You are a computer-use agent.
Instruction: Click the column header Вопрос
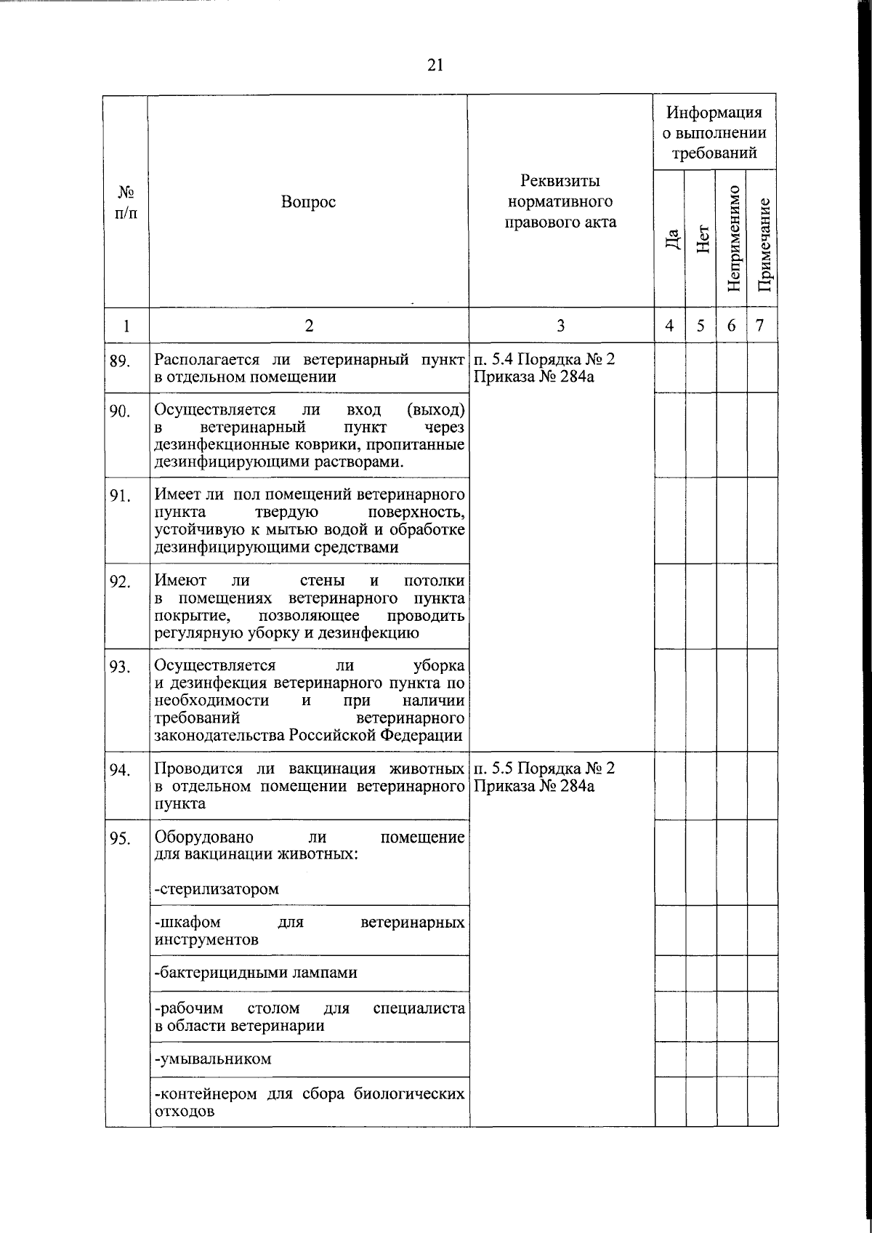(x=309, y=202)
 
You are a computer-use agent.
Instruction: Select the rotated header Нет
(x=701, y=238)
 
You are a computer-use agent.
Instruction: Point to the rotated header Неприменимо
(x=732, y=238)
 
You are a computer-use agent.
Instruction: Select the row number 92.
(x=120, y=582)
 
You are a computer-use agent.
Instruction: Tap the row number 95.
(x=120, y=838)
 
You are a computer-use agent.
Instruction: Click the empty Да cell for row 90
(x=670, y=434)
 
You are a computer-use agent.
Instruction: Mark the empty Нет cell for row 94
(x=701, y=785)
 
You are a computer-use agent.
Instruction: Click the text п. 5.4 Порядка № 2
(x=544, y=360)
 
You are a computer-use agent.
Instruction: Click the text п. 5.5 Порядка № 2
(x=544, y=768)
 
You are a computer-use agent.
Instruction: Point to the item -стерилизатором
(x=217, y=888)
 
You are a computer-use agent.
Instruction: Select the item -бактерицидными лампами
(x=256, y=973)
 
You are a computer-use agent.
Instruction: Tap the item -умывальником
(x=213, y=1059)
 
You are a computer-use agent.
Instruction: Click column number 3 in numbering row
(x=560, y=326)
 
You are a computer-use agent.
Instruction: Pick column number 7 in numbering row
(x=760, y=325)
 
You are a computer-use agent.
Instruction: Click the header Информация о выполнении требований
(x=716, y=132)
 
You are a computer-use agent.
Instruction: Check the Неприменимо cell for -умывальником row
(x=732, y=1059)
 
